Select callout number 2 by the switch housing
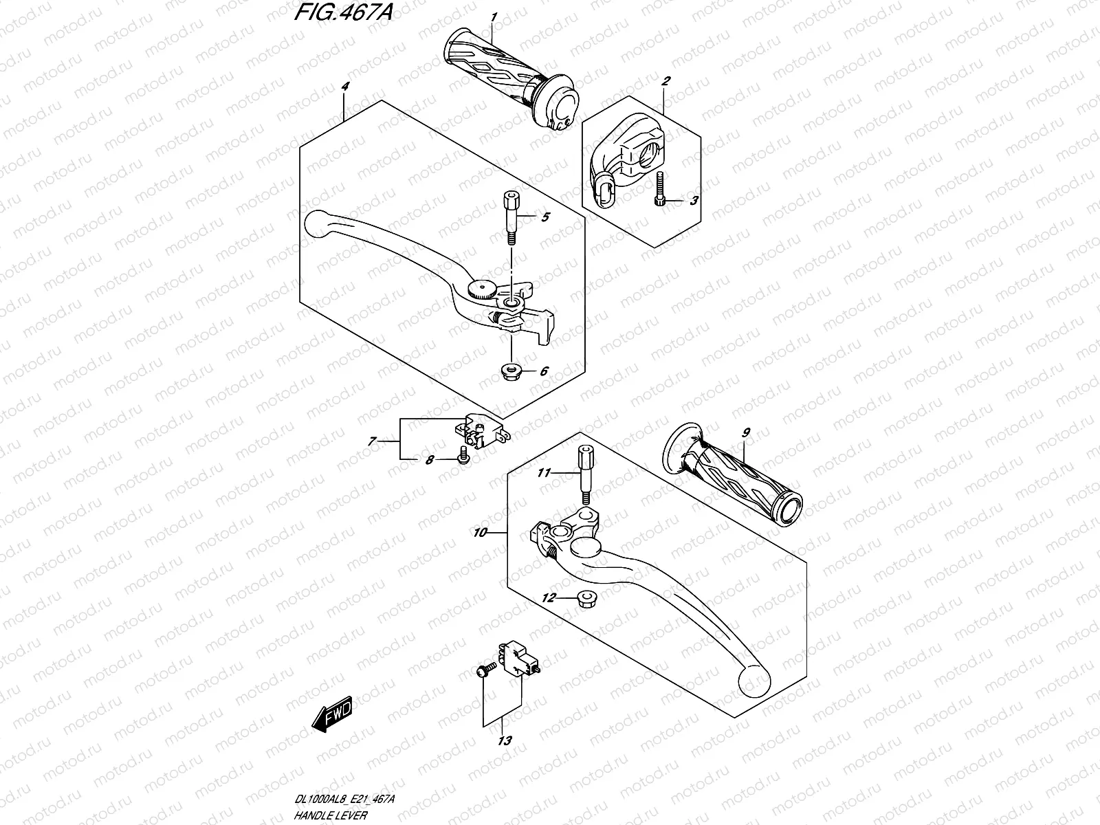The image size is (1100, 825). (x=665, y=81)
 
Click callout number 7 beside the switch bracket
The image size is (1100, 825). (x=372, y=442)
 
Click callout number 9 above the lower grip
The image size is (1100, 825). (x=746, y=432)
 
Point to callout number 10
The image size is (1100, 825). (x=480, y=533)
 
